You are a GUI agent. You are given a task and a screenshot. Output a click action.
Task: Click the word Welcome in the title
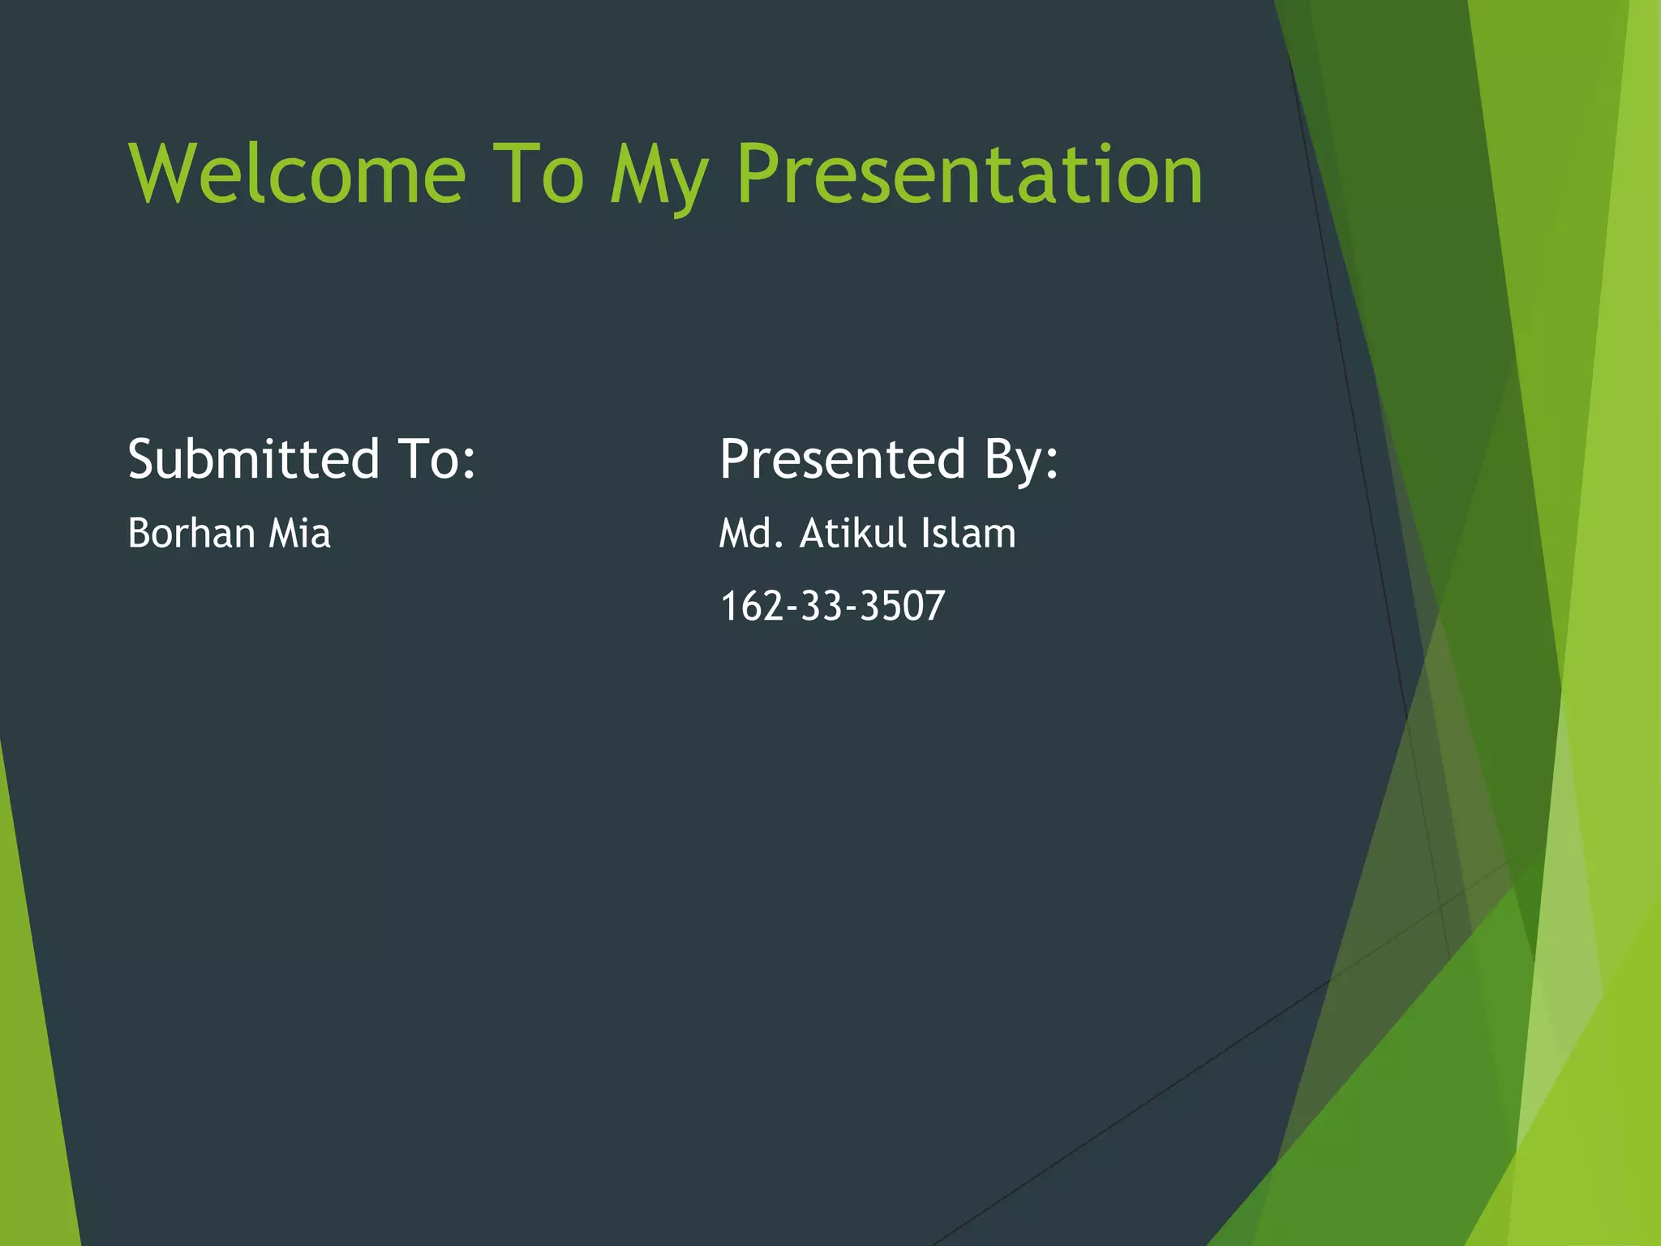pos(297,174)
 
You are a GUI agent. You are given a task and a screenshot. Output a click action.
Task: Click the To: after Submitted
pos(436,459)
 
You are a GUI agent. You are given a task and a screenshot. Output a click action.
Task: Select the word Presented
pos(843,459)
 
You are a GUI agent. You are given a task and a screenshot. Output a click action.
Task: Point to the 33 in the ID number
pos(821,606)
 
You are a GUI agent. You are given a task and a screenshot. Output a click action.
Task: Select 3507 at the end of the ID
pos(902,606)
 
